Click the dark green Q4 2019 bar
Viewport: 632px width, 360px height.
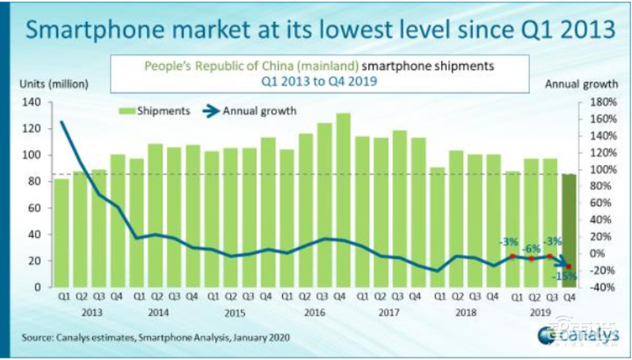(567, 229)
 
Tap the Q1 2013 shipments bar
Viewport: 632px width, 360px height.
(60, 233)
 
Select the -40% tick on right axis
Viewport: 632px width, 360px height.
(597, 287)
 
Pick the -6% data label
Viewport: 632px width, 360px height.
(531, 247)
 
